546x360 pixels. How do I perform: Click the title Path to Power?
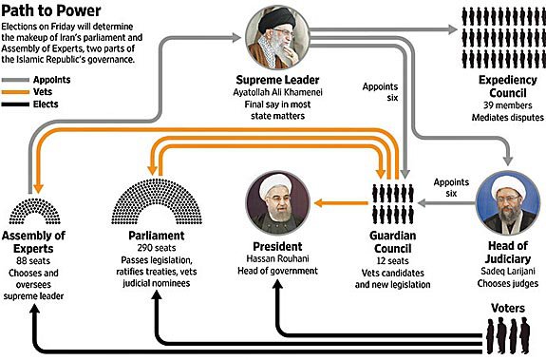coord(51,10)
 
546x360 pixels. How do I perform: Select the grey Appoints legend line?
coord(15,80)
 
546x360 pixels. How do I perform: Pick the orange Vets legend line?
coord(15,92)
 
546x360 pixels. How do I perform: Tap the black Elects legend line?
coord(15,104)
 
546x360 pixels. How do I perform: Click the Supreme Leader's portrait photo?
coord(277,37)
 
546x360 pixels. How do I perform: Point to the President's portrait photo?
coord(277,203)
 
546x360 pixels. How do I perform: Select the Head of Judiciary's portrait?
coord(508,203)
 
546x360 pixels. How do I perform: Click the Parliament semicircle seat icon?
coord(157,201)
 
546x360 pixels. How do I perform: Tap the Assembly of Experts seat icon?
coord(34,211)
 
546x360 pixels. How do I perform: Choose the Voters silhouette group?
coord(508,335)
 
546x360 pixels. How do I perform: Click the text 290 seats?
coord(157,248)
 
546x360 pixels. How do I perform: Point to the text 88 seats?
coord(33,261)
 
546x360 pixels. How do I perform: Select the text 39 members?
coord(508,105)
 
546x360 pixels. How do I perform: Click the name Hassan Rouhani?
coord(277,258)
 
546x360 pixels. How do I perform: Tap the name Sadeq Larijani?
coord(508,271)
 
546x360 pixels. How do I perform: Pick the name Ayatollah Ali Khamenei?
coord(277,92)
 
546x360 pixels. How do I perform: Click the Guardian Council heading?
coord(393,242)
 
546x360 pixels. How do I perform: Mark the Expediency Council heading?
coord(508,86)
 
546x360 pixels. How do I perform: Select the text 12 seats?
coord(392,261)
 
